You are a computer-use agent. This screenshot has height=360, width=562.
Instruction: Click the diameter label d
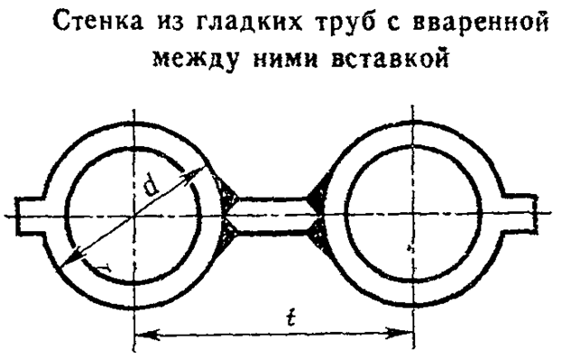(150, 189)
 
